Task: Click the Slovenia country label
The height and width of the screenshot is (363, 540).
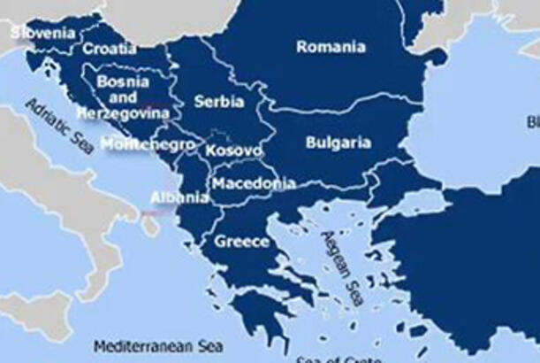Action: pyautogui.click(x=43, y=34)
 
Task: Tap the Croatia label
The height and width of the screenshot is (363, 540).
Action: pyautogui.click(x=110, y=50)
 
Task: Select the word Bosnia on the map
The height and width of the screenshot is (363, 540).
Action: pyautogui.click(x=122, y=81)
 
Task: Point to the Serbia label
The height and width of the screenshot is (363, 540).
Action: pyautogui.click(x=219, y=102)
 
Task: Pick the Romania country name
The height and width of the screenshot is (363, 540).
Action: pyautogui.click(x=331, y=47)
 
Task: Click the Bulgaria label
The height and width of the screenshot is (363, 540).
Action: pyautogui.click(x=338, y=142)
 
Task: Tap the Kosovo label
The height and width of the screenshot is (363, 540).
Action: pyautogui.click(x=233, y=151)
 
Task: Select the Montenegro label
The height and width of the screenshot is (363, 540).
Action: pyautogui.click(x=148, y=143)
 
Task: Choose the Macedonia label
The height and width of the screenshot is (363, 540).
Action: pyautogui.click(x=253, y=184)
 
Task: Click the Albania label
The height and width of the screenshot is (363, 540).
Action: pyautogui.click(x=179, y=197)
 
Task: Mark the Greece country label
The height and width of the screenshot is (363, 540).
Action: pyautogui.click(x=241, y=241)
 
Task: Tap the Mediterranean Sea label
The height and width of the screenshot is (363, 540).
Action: pyautogui.click(x=159, y=345)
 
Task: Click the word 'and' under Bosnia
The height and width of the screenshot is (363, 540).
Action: pyautogui.click(x=124, y=97)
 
